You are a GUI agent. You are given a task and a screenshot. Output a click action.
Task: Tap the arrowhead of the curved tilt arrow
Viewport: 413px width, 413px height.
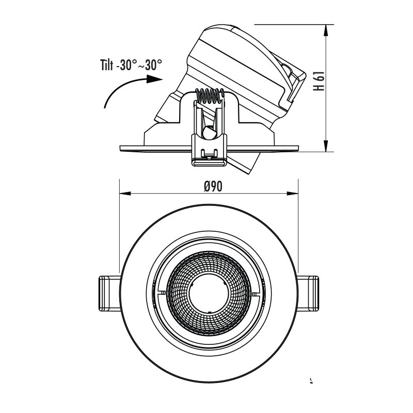pyautogui.click(x=154, y=79)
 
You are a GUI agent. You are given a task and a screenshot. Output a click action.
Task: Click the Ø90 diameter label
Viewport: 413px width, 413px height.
pyautogui.click(x=213, y=186)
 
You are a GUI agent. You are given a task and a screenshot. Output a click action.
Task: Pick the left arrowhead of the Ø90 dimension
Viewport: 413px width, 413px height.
pyautogui.click(x=124, y=194)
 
